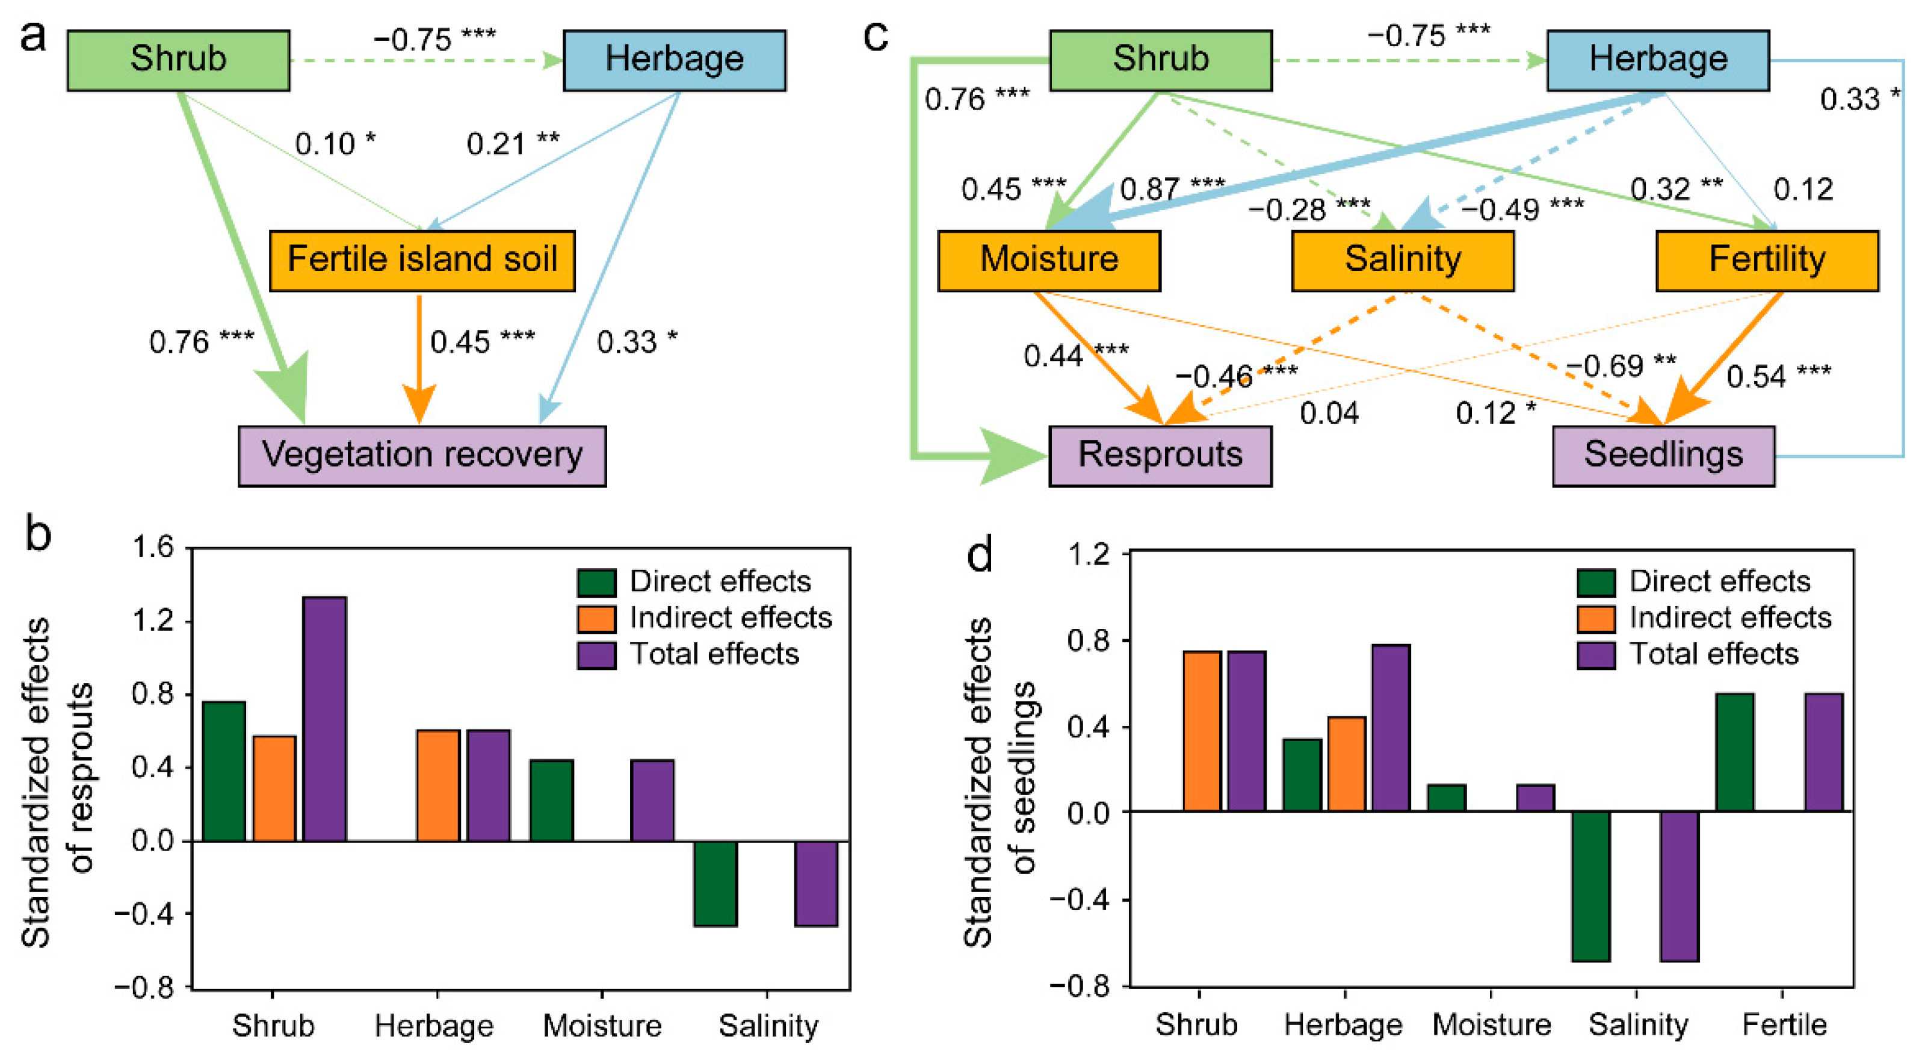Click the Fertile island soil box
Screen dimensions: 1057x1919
[x=422, y=260]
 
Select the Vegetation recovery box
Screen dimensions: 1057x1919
[x=422, y=456]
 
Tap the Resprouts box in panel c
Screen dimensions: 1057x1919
[x=1160, y=456]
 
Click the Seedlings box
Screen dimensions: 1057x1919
[x=1663, y=456]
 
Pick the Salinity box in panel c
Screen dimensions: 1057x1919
[x=1402, y=260]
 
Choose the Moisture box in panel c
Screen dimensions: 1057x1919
[x=1048, y=260]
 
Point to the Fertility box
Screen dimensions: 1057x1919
[x=1766, y=260]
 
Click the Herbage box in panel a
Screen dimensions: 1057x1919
[x=673, y=60]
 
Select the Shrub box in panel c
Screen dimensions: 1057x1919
[x=1160, y=60]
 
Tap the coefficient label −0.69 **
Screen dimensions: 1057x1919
[x=1621, y=366]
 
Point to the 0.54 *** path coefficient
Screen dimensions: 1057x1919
[x=1778, y=376]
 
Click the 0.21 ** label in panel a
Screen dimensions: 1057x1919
[x=513, y=144]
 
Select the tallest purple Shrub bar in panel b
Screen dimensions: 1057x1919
[x=324, y=719]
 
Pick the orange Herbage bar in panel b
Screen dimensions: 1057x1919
[x=438, y=786]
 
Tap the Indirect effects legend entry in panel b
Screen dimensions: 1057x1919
[x=704, y=618]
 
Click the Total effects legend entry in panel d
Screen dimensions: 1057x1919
[x=1687, y=654]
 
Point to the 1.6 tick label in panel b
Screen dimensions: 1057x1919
[x=152, y=548]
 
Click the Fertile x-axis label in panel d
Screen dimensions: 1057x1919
[x=1784, y=1025]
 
